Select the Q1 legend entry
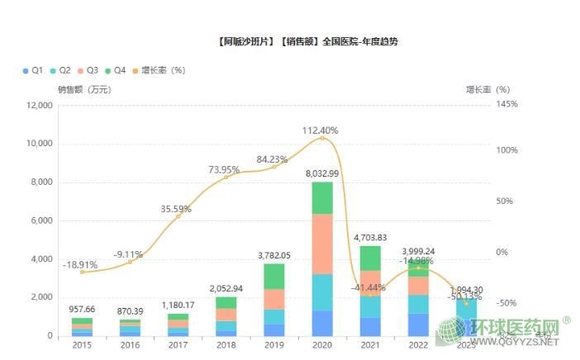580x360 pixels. click(x=32, y=70)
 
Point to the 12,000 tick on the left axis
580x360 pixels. click(x=39, y=105)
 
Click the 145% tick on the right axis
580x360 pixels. click(x=507, y=105)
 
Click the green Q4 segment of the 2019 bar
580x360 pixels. click(x=274, y=277)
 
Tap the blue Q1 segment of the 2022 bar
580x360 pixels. click(x=418, y=324)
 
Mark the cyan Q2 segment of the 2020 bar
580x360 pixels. click(x=322, y=292)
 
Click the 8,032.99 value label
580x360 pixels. click(x=322, y=173)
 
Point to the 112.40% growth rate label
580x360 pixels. click(x=321, y=130)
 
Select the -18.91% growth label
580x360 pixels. click(x=80, y=265)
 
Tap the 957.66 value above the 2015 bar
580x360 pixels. click(x=83, y=309)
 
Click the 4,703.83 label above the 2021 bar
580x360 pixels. click(x=370, y=238)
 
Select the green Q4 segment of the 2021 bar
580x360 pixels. click(x=370, y=258)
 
